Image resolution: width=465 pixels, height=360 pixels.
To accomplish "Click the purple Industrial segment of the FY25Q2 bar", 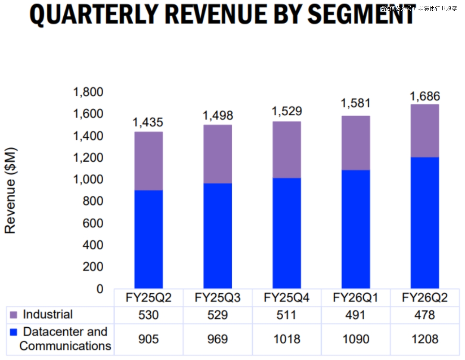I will tap(149, 161).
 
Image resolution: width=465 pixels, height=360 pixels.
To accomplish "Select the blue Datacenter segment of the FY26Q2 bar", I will tap(425, 222).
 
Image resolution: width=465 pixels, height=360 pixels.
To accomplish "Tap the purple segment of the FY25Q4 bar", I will tap(287, 150).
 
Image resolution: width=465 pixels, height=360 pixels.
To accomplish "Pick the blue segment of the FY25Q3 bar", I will tap(218, 236).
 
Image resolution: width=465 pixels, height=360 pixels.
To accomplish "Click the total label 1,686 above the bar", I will tap(425, 96).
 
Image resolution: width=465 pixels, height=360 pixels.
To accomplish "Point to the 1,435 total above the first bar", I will tap(148, 123).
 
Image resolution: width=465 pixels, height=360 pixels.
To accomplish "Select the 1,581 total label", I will tap(356, 103).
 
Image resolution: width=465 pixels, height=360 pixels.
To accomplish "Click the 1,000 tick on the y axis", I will tap(88, 179).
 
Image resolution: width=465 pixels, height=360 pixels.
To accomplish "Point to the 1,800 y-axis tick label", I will tap(88, 92).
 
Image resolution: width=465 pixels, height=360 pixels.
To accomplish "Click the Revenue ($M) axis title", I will tap(10, 191).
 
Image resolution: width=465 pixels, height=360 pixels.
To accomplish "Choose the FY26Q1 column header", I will tap(356, 298).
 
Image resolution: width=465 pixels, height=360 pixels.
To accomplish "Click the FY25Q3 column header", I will tap(217, 298).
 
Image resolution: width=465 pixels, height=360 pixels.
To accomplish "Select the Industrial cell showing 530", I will tap(149, 315).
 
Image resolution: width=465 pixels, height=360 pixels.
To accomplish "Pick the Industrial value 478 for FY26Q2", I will tap(425, 315).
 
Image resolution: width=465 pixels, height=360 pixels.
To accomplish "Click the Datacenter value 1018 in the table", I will tap(287, 339).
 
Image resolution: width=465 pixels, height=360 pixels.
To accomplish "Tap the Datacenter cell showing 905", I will tap(149, 339).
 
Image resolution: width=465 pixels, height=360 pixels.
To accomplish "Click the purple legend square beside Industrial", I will tap(13, 316).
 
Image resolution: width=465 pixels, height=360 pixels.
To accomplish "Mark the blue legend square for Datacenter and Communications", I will tap(13, 332).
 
